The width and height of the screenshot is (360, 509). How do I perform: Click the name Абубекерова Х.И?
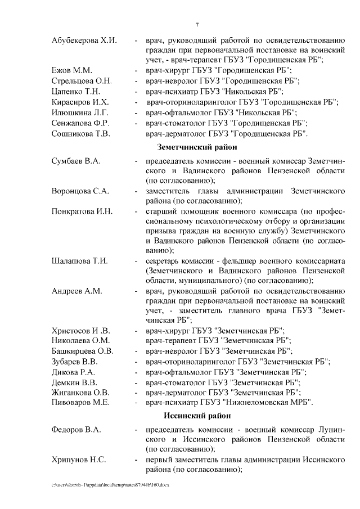tap(84, 40)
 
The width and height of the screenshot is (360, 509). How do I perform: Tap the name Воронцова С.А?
tap(80, 191)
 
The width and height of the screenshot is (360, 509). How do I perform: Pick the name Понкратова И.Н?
tap(82, 211)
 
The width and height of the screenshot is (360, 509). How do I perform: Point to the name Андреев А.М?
tap(76, 291)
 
